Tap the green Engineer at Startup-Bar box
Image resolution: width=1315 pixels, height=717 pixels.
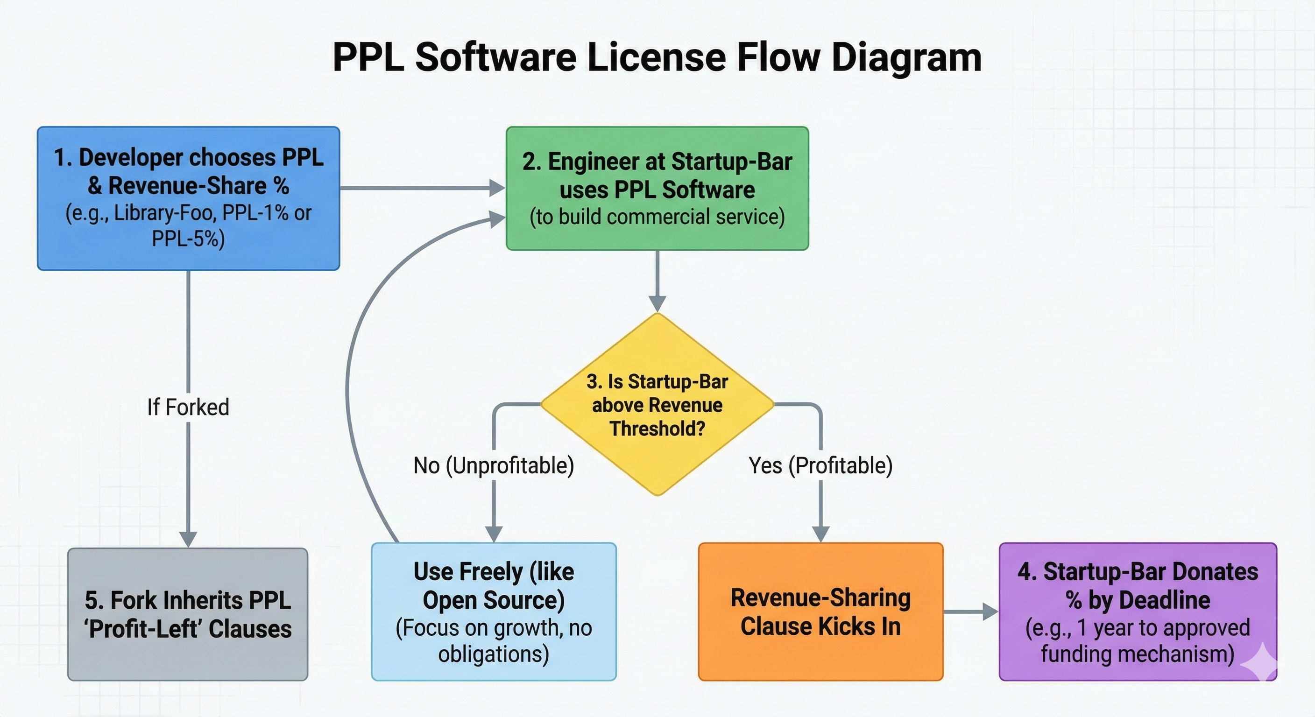pos(657,188)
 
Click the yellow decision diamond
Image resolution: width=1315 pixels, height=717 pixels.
pos(657,404)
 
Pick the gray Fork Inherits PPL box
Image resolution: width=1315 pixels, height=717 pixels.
pos(188,614)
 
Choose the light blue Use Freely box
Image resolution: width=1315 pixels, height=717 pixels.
pos(494,612)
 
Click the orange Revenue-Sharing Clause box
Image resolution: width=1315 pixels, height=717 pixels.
pos(820,612)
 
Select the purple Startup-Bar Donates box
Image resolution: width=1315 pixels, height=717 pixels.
pos(1138,612)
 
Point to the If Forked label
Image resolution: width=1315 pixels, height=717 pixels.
pos(188,407)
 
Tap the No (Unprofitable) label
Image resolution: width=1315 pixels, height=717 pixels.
pos(494,465)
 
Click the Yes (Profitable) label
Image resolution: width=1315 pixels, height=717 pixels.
pos(820,465)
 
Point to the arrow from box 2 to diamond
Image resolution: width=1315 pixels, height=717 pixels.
pos(657,281)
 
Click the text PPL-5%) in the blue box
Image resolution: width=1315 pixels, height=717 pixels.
pos(188,239)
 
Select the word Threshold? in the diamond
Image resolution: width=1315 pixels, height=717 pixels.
pos(657,428)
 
